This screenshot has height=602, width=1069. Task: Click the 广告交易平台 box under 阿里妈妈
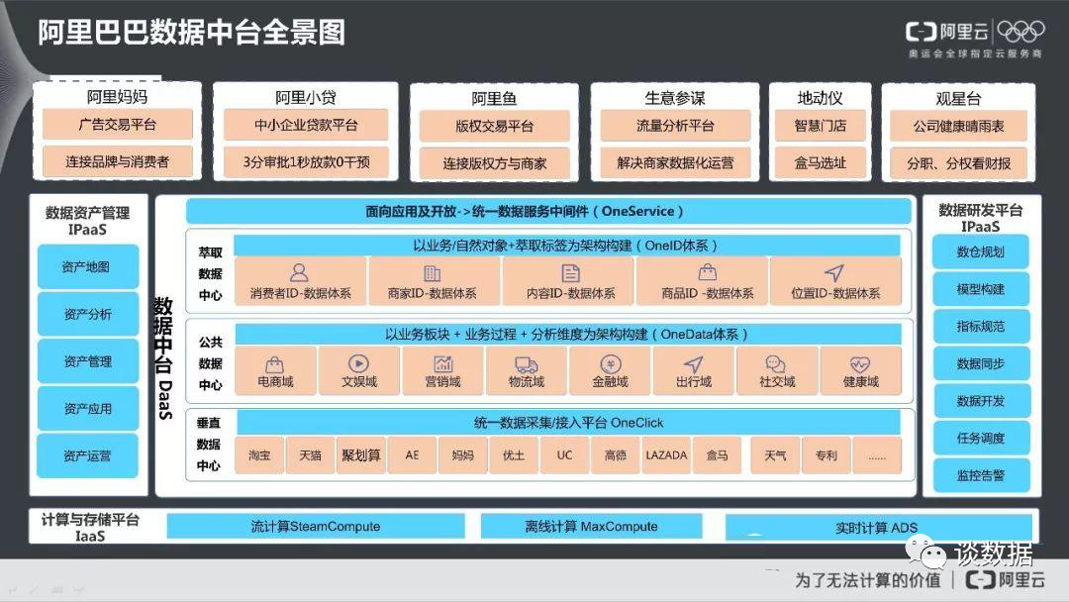coord(117,125)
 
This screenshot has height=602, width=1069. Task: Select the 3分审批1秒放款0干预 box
coord(306,162)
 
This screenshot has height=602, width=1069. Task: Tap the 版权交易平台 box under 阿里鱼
coord(494,126)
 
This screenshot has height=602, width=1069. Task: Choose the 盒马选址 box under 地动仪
coord(821,163)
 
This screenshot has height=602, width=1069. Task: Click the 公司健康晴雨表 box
coord(958,126)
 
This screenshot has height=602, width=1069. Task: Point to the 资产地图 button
coord(88,266)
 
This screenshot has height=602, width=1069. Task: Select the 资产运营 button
coord(88,455)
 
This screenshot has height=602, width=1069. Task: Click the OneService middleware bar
coord(548,211)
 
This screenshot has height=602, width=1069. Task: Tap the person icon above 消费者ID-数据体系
coord(299,272)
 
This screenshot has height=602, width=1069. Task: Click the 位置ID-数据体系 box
coord(835,281)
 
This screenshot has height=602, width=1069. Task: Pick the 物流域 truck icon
coord(527,364)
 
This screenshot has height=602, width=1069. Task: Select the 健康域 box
coord(861,371)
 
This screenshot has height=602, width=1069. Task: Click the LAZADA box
coord(666,455)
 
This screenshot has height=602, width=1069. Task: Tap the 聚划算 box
coord(360,455)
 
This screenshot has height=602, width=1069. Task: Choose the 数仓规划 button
coord(980,251)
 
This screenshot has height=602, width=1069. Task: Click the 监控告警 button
coord(980,475)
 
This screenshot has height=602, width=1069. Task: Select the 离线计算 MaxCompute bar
coord(591,527)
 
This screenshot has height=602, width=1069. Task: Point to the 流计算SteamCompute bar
coord(316,527)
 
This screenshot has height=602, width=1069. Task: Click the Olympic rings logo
coord(1020,32)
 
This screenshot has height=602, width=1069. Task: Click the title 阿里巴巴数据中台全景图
coord(192,32)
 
